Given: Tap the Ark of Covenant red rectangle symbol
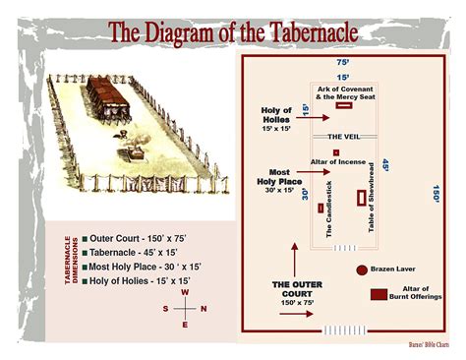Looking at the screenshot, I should pos(345,105).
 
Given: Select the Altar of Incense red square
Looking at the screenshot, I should pos(336,152).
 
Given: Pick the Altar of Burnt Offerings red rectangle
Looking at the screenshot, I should pos(378,294).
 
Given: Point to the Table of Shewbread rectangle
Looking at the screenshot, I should pos(361,198).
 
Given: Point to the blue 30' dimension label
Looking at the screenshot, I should pos(306,195).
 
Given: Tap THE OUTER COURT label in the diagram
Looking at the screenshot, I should pos(297,290).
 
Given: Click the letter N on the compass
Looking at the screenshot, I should pos(204,309).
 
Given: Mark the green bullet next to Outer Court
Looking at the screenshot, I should pos(85,238).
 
